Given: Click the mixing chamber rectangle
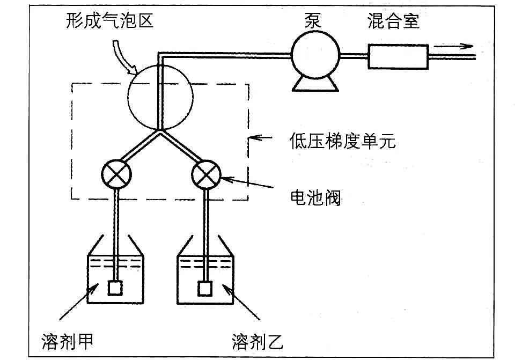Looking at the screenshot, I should coord(398,56).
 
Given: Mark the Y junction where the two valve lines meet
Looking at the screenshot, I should coord(160,130).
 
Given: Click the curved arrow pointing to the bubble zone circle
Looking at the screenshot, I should coord(127,59).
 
